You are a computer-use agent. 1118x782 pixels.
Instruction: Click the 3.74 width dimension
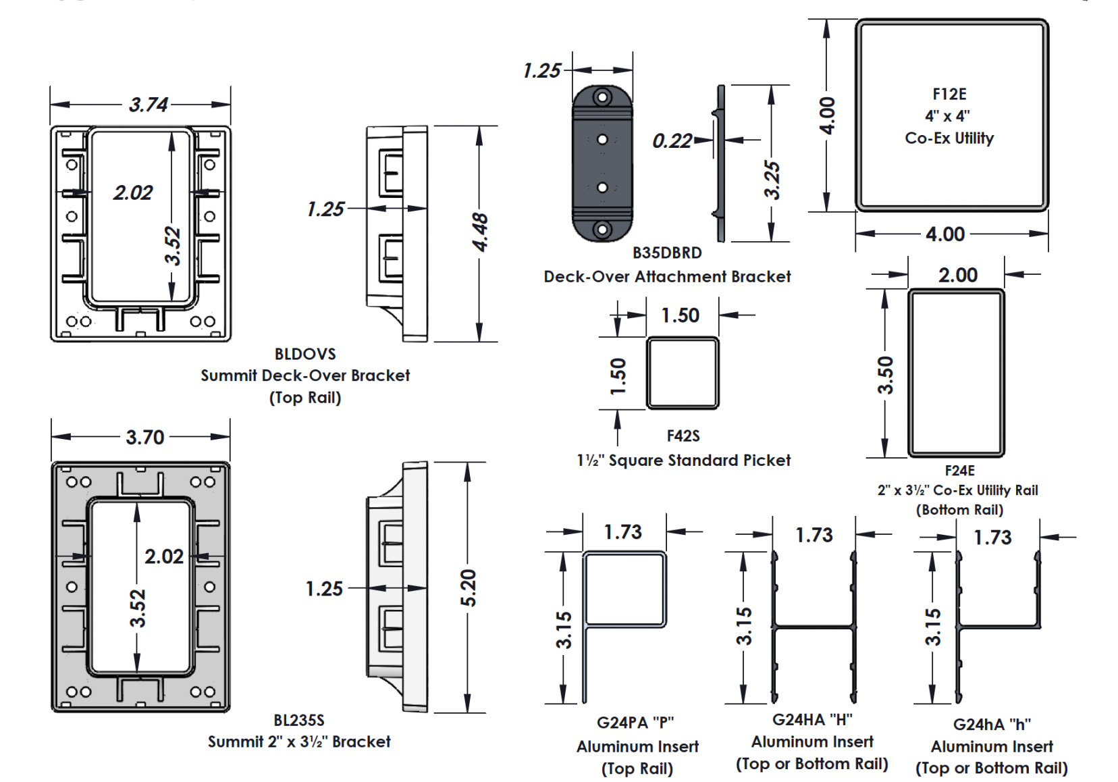149,105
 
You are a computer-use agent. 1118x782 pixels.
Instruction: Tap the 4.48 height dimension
479,232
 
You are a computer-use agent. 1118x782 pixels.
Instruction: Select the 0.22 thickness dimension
672,141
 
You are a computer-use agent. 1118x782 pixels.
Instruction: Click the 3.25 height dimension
772,180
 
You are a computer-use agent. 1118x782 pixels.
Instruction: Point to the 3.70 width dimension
145,438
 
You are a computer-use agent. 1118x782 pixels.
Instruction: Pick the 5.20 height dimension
468,588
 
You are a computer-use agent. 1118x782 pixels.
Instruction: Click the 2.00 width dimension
957,275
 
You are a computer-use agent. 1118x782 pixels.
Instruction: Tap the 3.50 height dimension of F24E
885,375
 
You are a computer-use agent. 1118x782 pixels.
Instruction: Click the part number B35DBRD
666,253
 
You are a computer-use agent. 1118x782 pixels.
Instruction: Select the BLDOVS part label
305,354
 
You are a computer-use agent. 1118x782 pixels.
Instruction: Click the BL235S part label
299,720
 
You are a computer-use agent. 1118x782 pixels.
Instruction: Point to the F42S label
683,436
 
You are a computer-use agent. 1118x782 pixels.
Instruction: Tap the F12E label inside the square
949,94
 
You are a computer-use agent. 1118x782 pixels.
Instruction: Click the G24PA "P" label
635,723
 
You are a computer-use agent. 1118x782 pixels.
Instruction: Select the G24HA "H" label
812,720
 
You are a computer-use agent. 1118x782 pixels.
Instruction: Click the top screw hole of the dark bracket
602,98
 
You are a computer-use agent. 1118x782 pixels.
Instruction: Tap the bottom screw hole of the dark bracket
602,230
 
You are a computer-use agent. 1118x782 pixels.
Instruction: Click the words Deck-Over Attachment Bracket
667,276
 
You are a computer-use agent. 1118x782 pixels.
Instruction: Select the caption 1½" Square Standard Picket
683,461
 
